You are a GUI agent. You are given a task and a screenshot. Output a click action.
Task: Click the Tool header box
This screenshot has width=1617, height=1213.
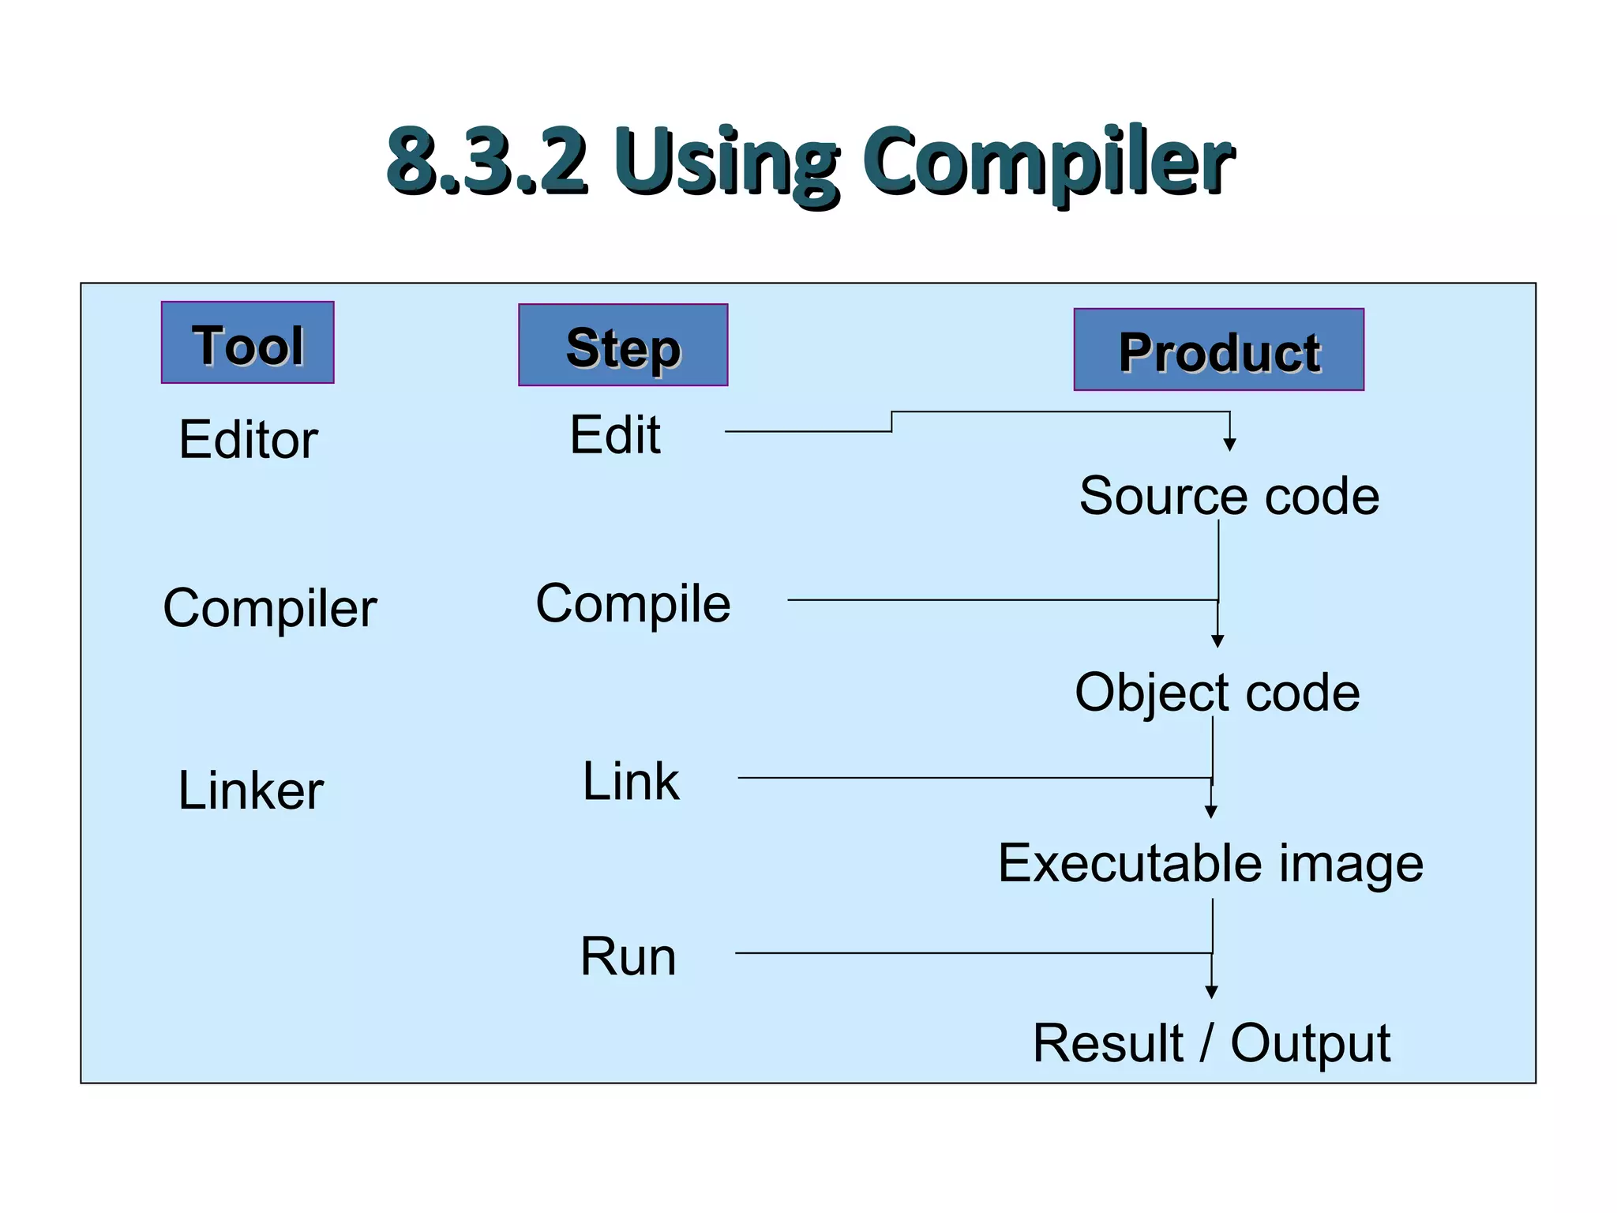click(x=247, y=343)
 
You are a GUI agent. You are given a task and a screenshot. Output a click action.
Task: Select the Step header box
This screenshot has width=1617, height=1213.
click(x=623, y=345)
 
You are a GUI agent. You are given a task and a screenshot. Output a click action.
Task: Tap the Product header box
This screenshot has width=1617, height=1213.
click(x=1218, y=350)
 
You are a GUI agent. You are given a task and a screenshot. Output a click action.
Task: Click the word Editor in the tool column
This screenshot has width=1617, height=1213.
click(x=248, y=440)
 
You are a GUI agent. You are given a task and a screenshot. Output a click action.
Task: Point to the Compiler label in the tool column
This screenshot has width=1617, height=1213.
click(x=270, y=609)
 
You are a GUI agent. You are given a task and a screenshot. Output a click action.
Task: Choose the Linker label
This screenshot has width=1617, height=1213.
click(x=251, y=791)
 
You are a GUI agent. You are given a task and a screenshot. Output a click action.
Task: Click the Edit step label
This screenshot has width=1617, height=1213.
click(x=615, y=435)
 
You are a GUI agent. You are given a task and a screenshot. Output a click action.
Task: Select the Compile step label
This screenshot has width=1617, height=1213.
click(x=633, y=604)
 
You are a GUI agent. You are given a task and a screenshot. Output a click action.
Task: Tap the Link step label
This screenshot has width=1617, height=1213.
click(x=631, y=782)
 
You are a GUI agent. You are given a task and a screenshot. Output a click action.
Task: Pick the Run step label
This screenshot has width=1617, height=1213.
click(x=628, y=957)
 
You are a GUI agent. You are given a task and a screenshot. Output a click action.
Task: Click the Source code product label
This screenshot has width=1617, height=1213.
click(x=1229, y=497)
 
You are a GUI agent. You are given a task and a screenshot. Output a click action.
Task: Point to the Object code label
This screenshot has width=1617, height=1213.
click(x=1217, y=693)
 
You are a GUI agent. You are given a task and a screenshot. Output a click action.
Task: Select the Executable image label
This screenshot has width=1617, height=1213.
click(x=1210, y=863)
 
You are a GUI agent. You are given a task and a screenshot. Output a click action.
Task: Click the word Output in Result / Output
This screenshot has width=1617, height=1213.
click(x=1311, y=1044)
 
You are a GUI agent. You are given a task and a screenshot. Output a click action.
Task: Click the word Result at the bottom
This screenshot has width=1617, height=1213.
click(x=1108, y=1044)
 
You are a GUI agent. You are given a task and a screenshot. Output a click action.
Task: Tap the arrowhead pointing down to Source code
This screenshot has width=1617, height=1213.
click(x=1229, y=445)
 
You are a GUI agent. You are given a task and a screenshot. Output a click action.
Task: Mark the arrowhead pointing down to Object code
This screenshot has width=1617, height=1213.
click(x=1217, y=641)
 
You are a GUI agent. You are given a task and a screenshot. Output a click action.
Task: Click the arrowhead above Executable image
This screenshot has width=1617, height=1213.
click(x=1211, y=812)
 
